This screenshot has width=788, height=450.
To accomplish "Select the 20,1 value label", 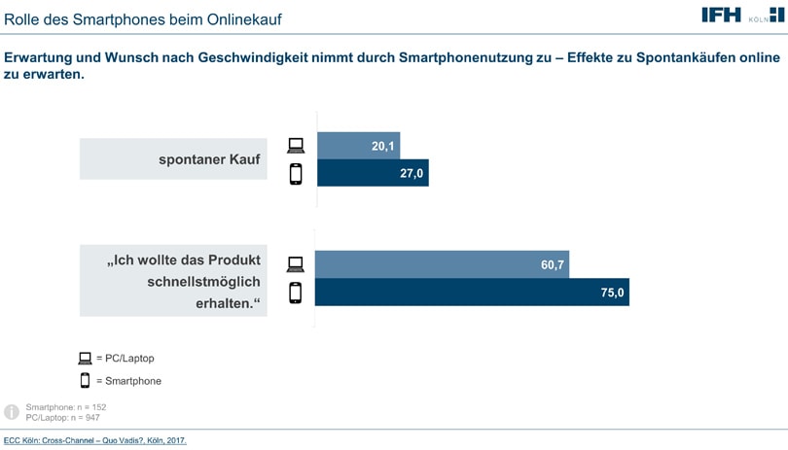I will point(383,146).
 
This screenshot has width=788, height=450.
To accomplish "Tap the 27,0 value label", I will point(412,173).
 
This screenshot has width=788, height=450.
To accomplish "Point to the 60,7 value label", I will point(553,264).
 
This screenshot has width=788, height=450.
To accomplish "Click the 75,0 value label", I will point(612,292).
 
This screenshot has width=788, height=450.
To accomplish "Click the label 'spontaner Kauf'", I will point(209,159).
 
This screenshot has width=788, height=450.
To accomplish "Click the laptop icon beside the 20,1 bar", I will point(296,146).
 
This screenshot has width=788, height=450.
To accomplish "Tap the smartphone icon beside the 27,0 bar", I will point(296,174).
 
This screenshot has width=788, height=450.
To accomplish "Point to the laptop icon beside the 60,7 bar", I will point(295,264).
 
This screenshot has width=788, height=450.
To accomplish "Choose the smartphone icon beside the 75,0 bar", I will point(295,293).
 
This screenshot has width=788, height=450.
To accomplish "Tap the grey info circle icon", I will point(12,412).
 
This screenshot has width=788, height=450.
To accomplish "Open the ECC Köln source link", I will point(93,441).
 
